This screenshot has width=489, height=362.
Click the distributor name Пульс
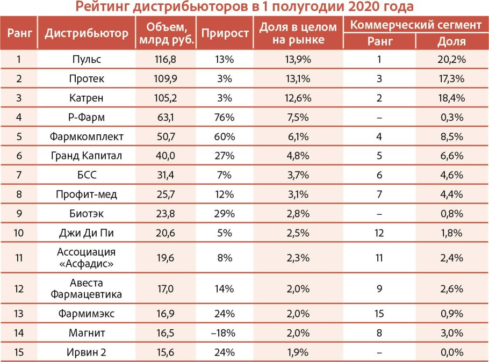point(87,60)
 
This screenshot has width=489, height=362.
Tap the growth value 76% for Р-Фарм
point(225,118)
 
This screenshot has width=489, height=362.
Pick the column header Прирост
point(225,33)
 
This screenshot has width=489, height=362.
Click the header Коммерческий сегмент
point(416,25)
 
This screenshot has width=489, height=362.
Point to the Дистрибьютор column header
point(87,33)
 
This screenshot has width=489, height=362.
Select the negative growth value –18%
point(224,333)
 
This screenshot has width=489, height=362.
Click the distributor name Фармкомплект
point(87,137)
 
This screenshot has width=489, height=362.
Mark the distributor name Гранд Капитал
point(87,156)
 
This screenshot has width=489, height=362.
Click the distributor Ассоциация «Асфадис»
point(87,258)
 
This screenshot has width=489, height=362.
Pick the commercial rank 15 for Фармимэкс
point(379,314)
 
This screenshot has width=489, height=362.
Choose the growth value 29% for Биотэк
point(225,214)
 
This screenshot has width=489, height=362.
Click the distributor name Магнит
point(87,333)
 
